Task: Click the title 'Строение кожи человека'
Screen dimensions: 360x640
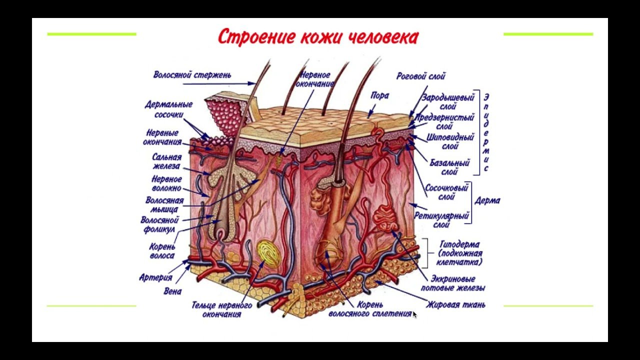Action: (318, 37)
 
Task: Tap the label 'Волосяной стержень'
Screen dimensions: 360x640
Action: (192, 75)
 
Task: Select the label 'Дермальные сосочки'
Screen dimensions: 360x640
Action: (168, 109)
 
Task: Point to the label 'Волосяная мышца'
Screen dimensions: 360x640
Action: (164, 205)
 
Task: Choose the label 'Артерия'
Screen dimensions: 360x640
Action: (155, 277)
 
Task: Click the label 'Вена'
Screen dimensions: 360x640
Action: (172, 291)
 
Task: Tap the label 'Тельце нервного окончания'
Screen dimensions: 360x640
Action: (221, 309)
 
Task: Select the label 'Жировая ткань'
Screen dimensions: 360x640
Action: (455, 304)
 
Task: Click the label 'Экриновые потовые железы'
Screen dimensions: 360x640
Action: (453, 283)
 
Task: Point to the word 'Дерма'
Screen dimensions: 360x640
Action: (487, 201)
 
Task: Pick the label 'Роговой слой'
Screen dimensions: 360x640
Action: (420, 76)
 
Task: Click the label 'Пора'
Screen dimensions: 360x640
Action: (379, 95)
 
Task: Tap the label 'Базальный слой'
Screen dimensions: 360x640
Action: (449, 167)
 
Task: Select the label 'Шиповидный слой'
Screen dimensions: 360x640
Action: (450, 141)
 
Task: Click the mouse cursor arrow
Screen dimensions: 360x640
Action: (414, 314)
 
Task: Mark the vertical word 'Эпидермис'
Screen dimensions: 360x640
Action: (486, 132)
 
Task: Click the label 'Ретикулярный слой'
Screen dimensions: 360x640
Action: (441, 220)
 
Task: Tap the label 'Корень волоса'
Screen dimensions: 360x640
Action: (162, 251)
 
